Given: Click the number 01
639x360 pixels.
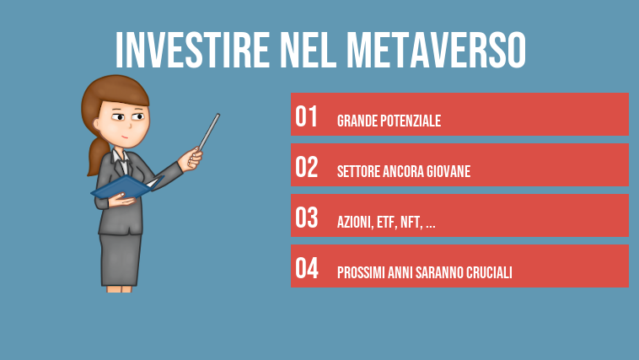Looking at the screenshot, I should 307,116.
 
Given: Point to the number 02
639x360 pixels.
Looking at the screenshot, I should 307,167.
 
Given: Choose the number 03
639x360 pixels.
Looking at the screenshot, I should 307,218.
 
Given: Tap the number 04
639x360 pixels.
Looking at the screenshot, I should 307,268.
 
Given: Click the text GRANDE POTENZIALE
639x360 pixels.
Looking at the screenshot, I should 389,121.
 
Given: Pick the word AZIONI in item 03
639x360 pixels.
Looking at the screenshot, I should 352,223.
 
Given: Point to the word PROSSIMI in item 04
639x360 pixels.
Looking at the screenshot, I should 359,273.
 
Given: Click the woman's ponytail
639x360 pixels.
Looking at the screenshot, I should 96,155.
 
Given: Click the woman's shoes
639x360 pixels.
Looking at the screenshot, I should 119,287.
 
